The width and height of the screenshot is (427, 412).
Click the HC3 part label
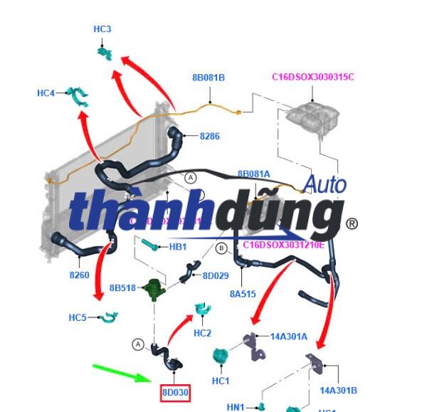(102, 29)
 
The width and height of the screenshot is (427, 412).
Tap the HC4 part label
(46, 93)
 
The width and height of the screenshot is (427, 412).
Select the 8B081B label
(209, 78)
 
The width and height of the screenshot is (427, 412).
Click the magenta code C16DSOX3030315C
(313, 77)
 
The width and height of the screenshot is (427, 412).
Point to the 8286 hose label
(209, 135)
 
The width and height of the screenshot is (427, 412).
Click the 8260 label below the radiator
(79, 275)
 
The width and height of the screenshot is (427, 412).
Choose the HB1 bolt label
(177, 247)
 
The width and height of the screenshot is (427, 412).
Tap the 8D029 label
(215, 275)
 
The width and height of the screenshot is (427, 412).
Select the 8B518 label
(122, 288)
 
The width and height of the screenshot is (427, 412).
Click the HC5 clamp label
(78, 317)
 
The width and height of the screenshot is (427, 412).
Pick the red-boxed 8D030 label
(174, 392)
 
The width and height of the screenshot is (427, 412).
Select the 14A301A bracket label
(289, 336)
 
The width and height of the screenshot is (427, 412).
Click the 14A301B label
(338, 390)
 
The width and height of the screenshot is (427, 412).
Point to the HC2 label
(202, 333)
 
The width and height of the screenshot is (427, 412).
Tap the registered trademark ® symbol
(352, 224)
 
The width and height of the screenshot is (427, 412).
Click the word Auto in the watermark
(325, 184)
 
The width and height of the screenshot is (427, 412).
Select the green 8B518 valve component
(152, 289)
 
